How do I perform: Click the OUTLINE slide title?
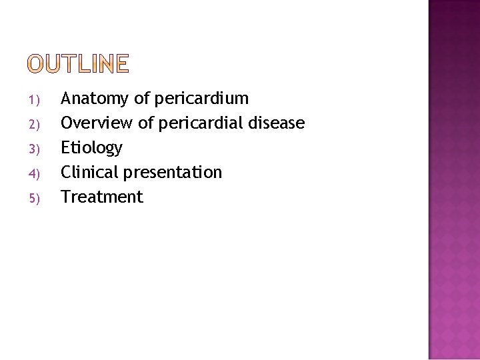78,64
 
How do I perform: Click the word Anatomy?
95,99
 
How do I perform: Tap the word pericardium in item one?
201,99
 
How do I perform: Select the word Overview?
95,123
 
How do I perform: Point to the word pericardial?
201,123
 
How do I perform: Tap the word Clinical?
89,172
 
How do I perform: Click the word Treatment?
102,197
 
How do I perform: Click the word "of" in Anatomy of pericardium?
141,99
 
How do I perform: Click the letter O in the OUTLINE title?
35,64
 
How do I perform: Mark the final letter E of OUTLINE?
121,64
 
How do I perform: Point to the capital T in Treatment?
65,197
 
